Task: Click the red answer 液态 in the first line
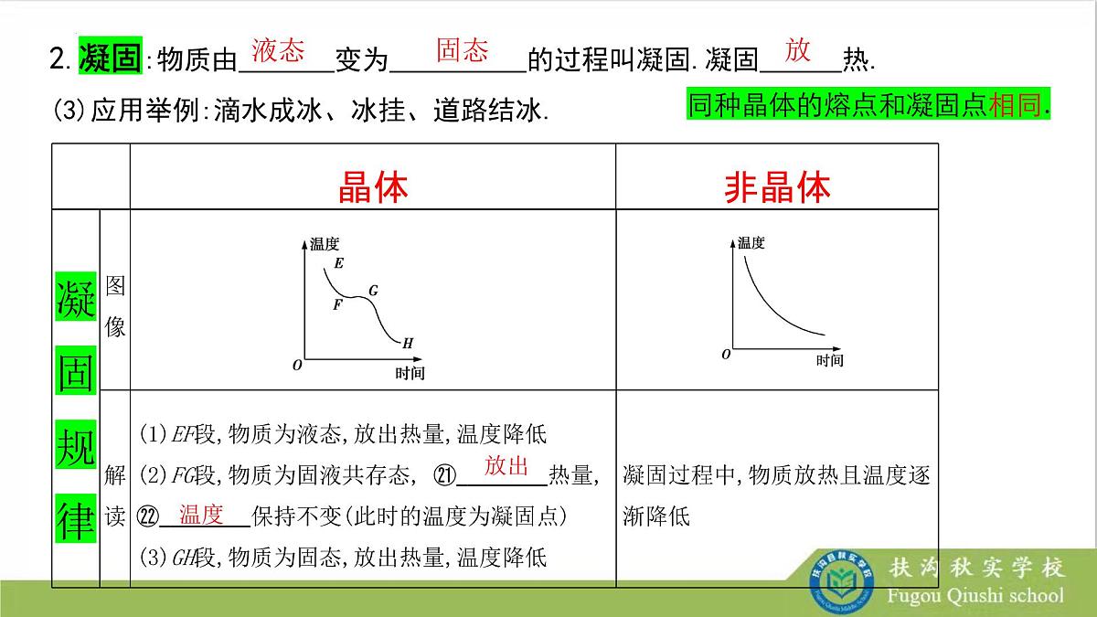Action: coord(278,50)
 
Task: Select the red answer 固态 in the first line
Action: coord(462,50)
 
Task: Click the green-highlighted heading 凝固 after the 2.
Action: coord(110,59)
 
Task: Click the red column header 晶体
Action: coord(373,187)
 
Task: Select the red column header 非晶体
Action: coord(777,187)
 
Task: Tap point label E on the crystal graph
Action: coord(339,264)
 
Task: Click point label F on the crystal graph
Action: coord(337,304)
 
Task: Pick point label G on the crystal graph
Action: coord(373,291)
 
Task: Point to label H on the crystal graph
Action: coord(408,344)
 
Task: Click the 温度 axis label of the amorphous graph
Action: coord(751,243)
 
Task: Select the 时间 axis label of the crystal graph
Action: coord(410,373)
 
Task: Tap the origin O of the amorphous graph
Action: coord(726,354)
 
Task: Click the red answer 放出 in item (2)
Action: coord(506,466)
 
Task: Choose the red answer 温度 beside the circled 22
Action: coord(201,515)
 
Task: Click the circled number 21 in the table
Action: coord(443,475)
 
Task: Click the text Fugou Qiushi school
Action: coord(975,596)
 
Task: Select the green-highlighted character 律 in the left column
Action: coord(76,518)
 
